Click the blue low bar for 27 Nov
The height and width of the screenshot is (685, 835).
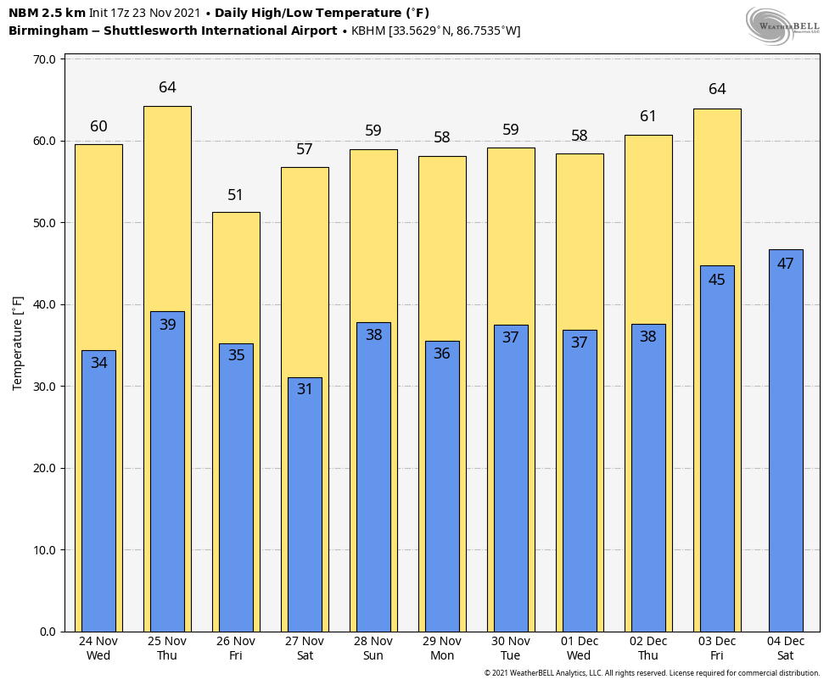305,509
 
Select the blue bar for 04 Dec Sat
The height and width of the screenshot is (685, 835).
786,449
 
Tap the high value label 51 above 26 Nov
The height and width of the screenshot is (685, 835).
236,195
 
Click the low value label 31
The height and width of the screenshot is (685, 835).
305,389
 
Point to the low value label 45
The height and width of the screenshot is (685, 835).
717,280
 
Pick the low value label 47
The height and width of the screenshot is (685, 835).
786,264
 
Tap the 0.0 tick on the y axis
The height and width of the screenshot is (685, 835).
48,632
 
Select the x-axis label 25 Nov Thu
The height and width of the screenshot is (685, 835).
167,649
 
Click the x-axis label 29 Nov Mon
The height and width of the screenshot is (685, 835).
442,649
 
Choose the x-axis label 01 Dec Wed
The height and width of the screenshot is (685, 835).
580,649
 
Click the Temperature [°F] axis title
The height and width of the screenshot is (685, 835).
18,343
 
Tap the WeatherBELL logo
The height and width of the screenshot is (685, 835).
782,25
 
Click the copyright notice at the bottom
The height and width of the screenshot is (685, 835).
652,673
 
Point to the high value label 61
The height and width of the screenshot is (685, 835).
648,116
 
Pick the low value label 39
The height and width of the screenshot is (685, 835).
167,325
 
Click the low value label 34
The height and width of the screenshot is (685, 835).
98,363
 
